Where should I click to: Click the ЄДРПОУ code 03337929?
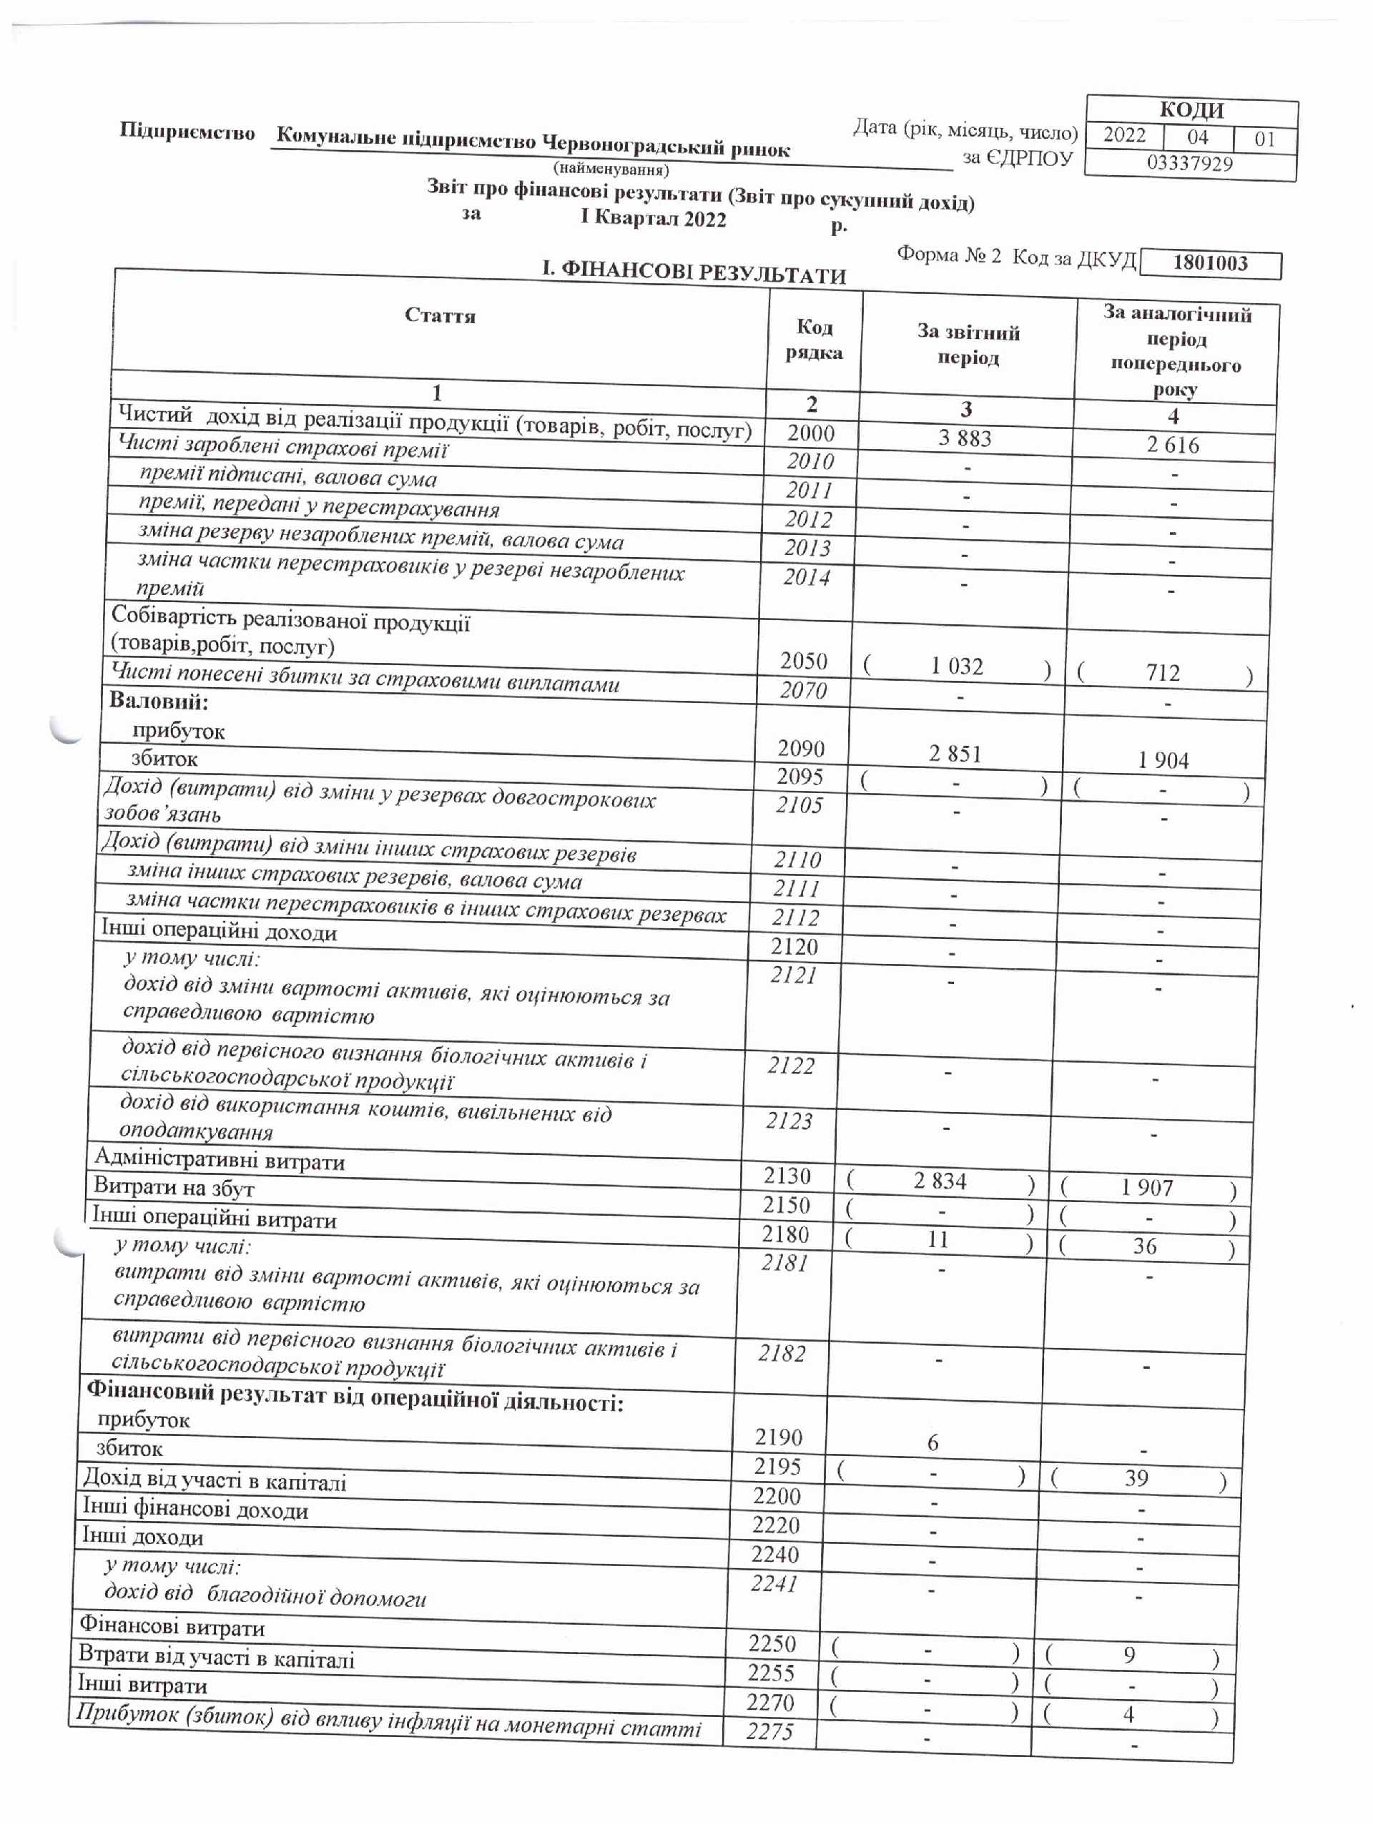(1189, 163)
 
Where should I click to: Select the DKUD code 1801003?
(1210, 263)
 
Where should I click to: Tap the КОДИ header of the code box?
(1191, 109)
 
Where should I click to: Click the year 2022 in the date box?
(1125, 135)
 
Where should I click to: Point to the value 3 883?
(965, 438)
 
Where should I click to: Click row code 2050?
(804, 661)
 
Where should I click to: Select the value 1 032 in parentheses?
(956, 666)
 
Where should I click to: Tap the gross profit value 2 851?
(955, 754)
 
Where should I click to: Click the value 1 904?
(1163, 761)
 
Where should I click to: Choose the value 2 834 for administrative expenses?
(939, 1181)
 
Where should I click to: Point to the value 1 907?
(1146, 1188)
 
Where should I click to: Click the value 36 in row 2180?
(1144, 1246)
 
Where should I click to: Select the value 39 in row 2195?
(1136, 1478)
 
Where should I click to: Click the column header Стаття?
(440, 316)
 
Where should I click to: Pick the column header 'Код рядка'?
(815, 340)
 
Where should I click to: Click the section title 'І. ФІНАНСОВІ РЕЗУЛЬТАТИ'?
(694, 273)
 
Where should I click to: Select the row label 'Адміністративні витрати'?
(220, 1160)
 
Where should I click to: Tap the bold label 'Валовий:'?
(159, 702)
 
